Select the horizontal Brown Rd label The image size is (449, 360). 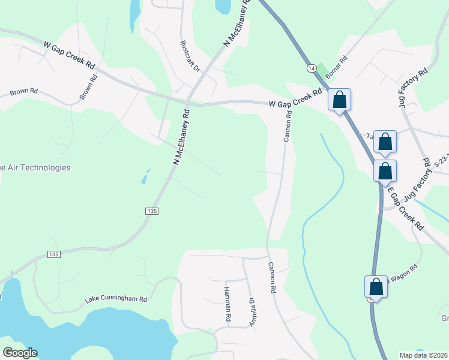pyautogui.click(x=24, y=92)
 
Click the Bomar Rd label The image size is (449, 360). pyautogui.click(x=337, y=67)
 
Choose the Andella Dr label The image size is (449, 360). pyautogui.click(x=253, y=310)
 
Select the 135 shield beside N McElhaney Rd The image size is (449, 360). pyautogui.click(x=152, y=211)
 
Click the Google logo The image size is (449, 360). pyautogui.click(x=20, y=353)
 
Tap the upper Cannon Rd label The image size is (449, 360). pyautogui.click(x=288, y=125)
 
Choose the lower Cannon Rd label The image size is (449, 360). pyautogui.click(x=271, y=277)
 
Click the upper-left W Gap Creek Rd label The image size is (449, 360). pyautogui.click(x=70, y=55)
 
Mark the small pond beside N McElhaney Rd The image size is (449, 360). pyautogui.click(x=146, y=177)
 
